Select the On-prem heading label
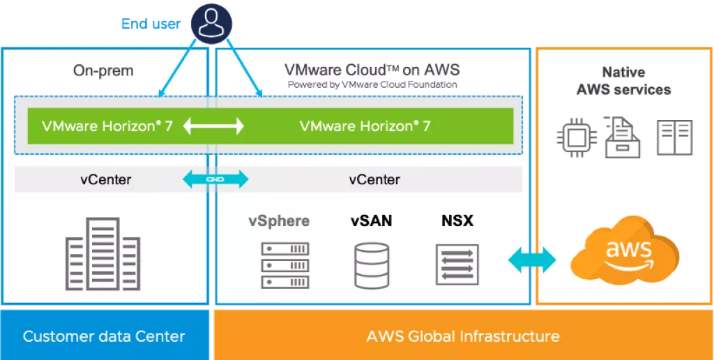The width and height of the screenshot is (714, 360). click(103, 70)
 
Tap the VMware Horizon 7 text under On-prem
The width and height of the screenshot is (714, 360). click(107, 126)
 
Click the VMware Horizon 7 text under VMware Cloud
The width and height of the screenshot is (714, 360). click(365, 126)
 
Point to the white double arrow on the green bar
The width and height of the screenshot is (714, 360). click(213, 126)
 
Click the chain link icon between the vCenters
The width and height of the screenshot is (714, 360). click(214, 179)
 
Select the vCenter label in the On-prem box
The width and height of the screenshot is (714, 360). click(105, 180)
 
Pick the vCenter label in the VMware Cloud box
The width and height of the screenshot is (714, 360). click(374, 180)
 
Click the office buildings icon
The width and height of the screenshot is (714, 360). click(102, 254)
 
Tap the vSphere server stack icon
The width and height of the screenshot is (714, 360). click(284, 265)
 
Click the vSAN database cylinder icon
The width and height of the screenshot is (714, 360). click(372, 265)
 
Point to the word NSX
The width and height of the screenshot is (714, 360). click(457, 221)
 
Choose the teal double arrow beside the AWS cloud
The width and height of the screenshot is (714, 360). click(532, 260)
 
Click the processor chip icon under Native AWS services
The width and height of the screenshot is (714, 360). click(576, 136)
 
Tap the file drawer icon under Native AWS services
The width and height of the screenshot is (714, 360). click(623, 136)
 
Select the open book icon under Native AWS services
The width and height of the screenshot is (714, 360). click(674, 137)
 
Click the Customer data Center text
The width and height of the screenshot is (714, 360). click(104, 336)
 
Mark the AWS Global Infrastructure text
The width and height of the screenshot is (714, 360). click(463, 336)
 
